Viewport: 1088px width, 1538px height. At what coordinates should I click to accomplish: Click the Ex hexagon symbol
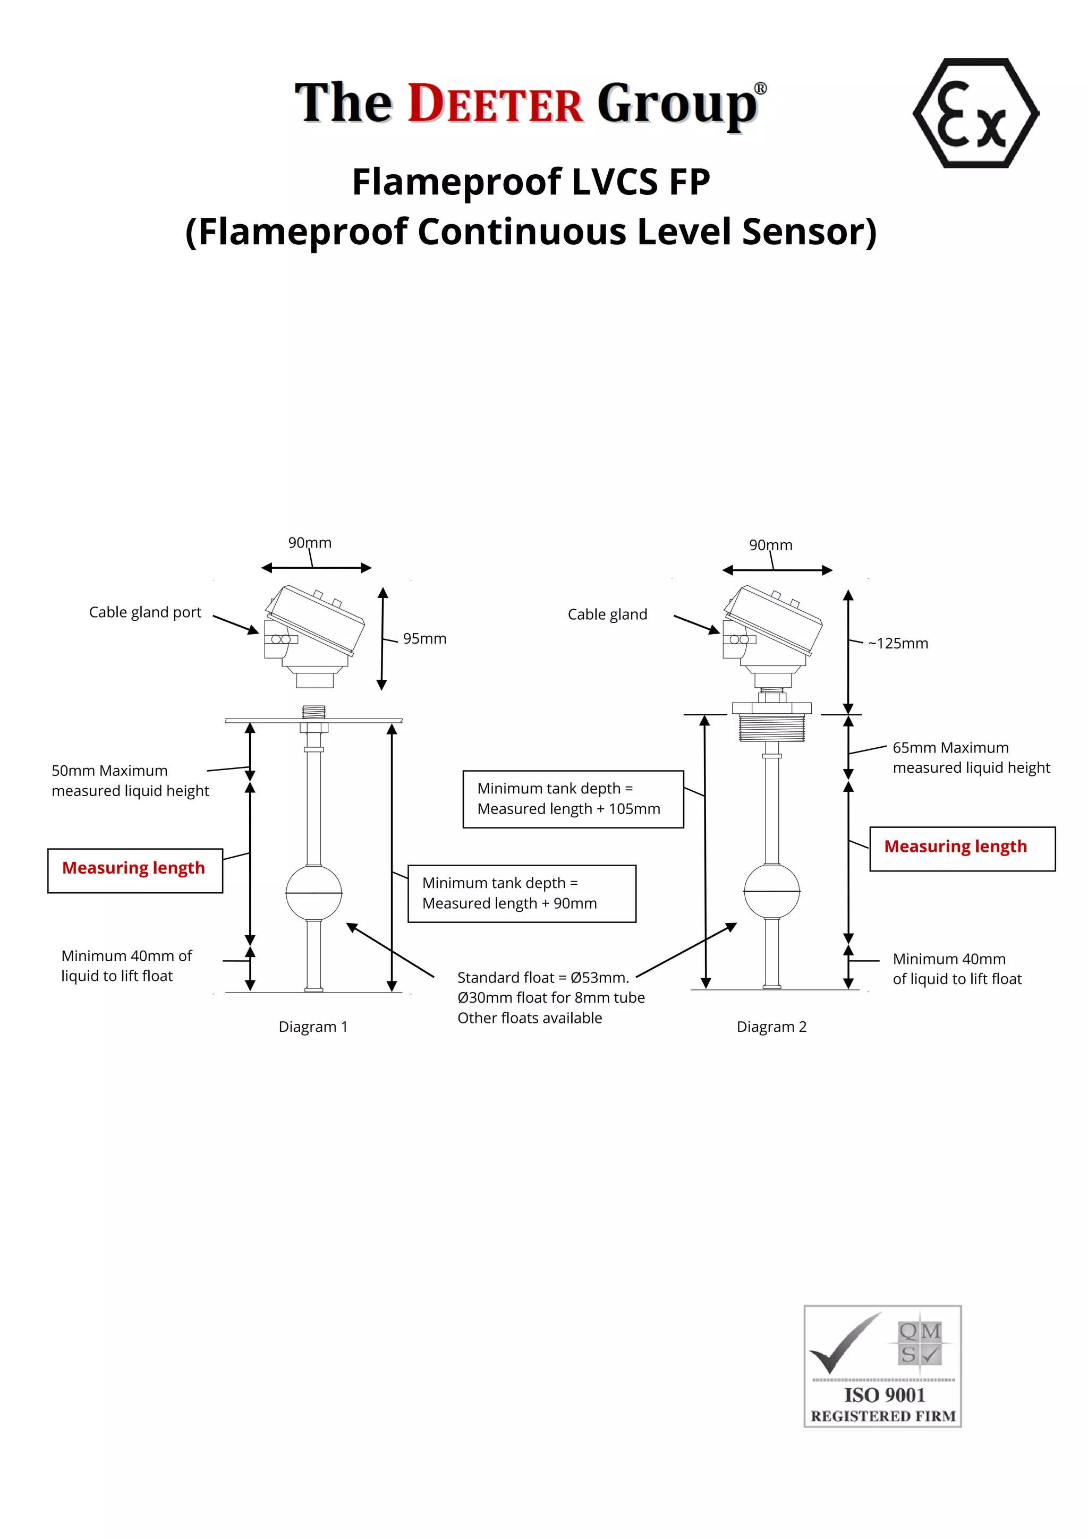975,113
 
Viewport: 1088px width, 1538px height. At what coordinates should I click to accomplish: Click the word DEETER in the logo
496,104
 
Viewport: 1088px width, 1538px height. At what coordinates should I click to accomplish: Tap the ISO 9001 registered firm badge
882,1366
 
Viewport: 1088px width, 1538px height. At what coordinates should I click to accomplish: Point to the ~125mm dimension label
898,644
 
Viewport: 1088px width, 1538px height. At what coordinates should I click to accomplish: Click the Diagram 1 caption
313,1027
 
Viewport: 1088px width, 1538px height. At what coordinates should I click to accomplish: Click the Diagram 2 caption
771,1027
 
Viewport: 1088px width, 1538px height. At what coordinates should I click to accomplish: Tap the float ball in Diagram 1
313,892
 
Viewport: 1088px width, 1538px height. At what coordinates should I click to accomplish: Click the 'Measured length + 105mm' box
573,799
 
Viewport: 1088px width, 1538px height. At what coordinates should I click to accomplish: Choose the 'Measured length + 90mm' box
521,894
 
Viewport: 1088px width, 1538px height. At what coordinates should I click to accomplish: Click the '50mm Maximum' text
110,771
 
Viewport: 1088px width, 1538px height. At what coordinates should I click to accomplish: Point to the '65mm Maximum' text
950,748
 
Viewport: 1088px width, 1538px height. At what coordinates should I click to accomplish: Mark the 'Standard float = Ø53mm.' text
542,978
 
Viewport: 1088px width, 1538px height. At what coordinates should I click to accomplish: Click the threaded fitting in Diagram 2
772,728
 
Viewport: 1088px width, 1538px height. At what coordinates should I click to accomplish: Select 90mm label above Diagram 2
770,545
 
